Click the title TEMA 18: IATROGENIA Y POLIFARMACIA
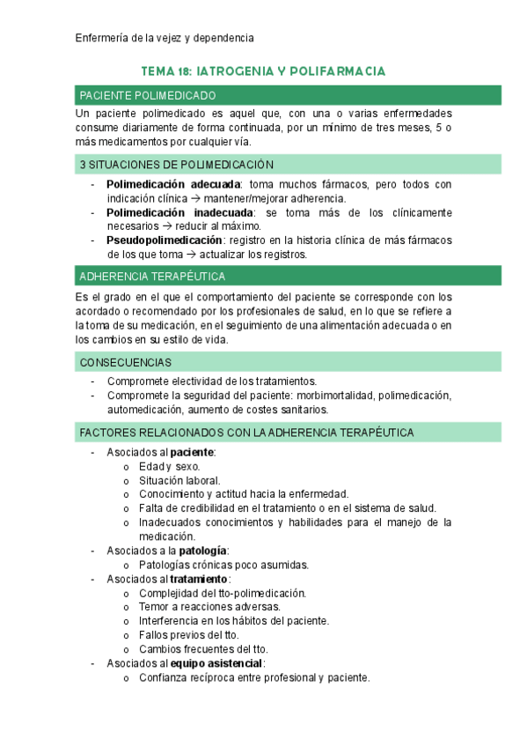(x=263, y=70)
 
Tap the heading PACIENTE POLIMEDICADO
(x=147, y=95)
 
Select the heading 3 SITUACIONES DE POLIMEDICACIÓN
(x=177, y=165)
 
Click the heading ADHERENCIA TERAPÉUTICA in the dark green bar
(x=152, y=276)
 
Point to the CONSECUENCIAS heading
(x=125, y=362)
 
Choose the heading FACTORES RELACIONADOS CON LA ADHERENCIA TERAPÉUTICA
(x=246, y=432)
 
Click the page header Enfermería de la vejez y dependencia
(x=165, y=38)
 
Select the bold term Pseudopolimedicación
(x=165, y=240)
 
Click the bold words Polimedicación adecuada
(x=172, y=184)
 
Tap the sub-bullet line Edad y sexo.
(x=169, y=466)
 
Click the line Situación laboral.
(x=179, y=480)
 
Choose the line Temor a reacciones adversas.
(x=209, y=607)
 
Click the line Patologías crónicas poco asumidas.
(x=223, y=565)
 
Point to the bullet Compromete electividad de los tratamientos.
(x=211, y=381)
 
